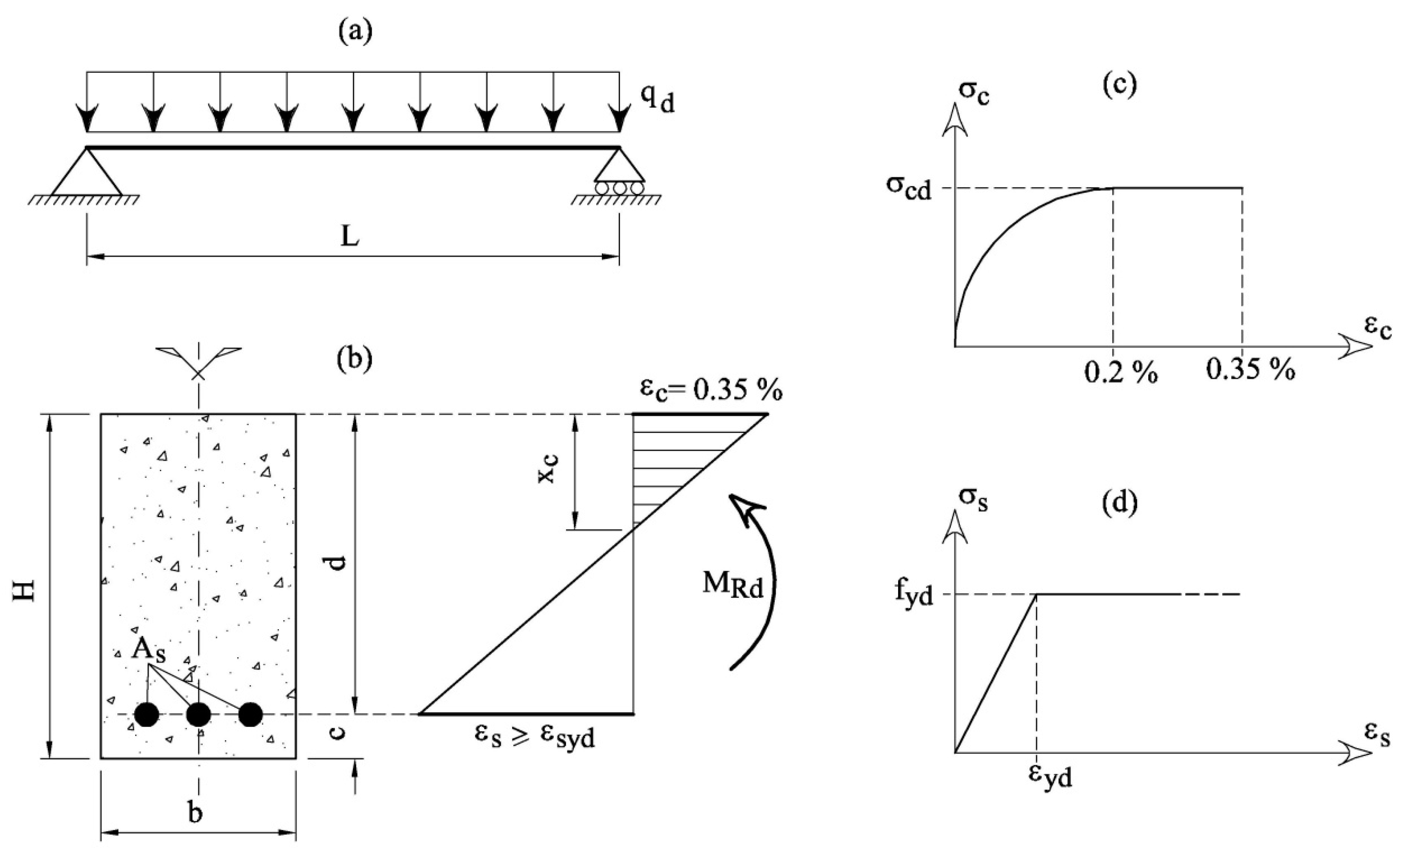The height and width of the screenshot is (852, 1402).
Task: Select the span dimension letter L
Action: (350, 238)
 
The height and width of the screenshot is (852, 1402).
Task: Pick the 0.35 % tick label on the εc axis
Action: (1251, 371)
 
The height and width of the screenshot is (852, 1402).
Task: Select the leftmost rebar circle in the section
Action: (147, 714)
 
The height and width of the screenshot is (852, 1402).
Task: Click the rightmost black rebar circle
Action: (251, 714)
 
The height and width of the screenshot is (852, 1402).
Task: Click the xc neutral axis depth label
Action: (548, 468)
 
